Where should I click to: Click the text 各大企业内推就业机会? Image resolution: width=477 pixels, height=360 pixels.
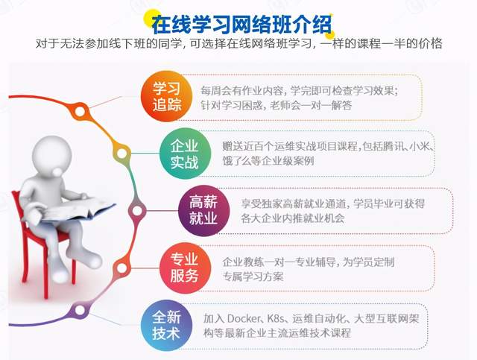(290, 218)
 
